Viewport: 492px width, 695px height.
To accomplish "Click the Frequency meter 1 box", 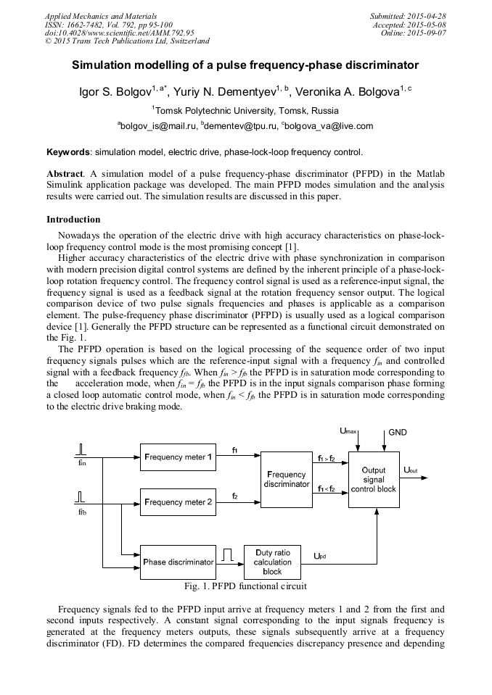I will tap(178, 457).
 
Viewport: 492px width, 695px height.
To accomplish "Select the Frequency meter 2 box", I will tap(178, 502).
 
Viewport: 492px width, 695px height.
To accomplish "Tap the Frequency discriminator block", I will tap(287, 479).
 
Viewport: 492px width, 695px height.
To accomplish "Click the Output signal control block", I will tap(374, 480).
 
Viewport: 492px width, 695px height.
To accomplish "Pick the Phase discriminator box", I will tap(178, 562).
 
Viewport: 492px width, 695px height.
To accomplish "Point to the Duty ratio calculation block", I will tap(272, 562).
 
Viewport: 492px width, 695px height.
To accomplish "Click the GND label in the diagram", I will tap(398, 433).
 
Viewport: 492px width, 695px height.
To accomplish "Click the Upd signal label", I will tap(319, 556).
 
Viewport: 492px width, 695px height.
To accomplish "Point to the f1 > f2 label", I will tap(327, 459).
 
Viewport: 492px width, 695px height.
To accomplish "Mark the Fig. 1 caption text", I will tap(245, 586).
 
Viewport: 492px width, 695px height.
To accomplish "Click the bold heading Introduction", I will tap(73, 219).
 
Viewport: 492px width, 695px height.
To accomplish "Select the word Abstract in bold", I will tap(65, 175).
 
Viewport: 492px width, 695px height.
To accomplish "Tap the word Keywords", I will tap(68, 152).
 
